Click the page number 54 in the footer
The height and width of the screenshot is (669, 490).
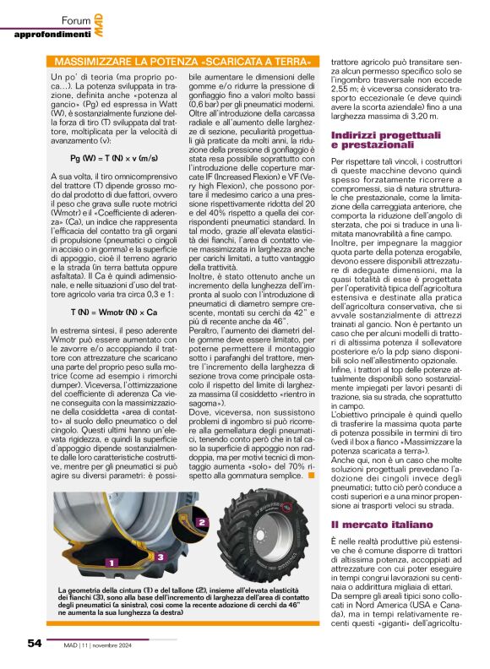click(x=34, y=643)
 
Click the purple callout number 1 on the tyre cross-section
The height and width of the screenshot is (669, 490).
click(x=109, y=561)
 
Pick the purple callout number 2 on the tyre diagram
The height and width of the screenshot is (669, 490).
click(x=202, y=524)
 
